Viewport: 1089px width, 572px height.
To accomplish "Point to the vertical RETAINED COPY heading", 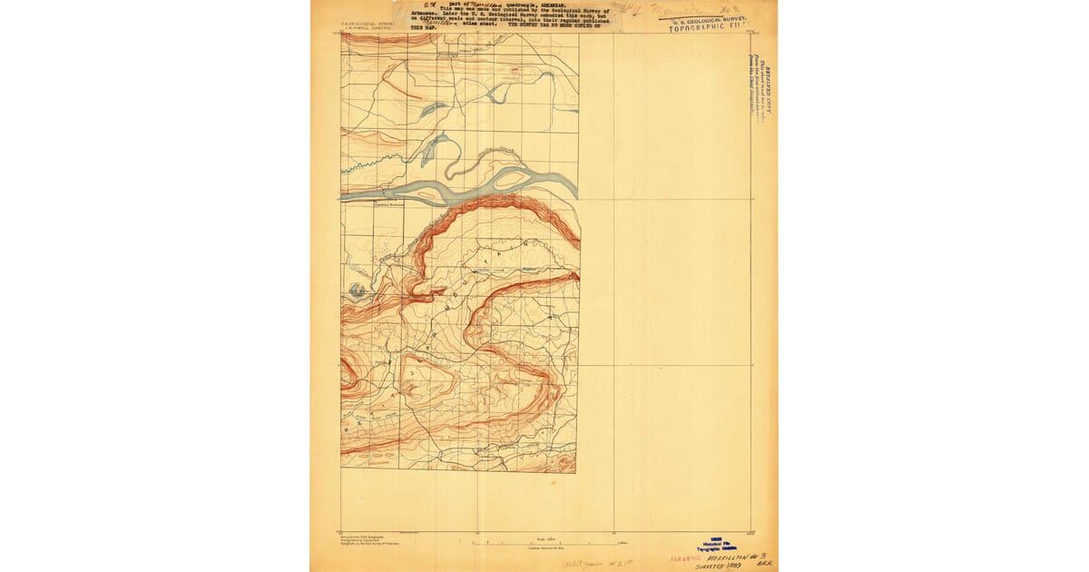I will click(767, 86).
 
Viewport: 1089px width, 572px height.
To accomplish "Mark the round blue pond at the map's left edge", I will click(357, 291).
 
